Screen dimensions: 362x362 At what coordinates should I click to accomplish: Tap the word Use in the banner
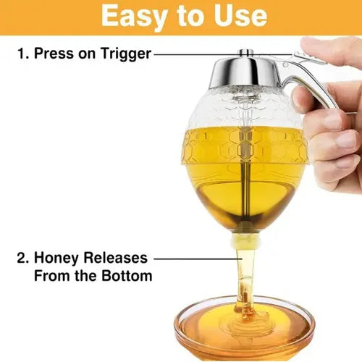pos(240,15)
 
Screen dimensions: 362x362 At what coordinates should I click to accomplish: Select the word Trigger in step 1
pos(126,54)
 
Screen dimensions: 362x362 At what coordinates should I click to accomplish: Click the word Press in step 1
pos(54,53)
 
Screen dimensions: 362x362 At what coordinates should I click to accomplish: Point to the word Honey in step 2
pos(56,258)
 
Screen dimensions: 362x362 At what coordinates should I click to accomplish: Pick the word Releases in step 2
pos(115,258)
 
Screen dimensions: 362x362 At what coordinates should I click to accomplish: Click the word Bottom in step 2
pos(127,275)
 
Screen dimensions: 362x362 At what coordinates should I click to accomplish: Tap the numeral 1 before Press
pos(22,53)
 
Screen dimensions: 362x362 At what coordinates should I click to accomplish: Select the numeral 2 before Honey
pos(22,258)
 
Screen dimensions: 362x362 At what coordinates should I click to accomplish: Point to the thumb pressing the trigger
pos(331,52)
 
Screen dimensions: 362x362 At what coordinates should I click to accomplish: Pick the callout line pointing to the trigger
pos(223,54)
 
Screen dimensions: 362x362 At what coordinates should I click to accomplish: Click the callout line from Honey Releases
pos(198,259)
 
